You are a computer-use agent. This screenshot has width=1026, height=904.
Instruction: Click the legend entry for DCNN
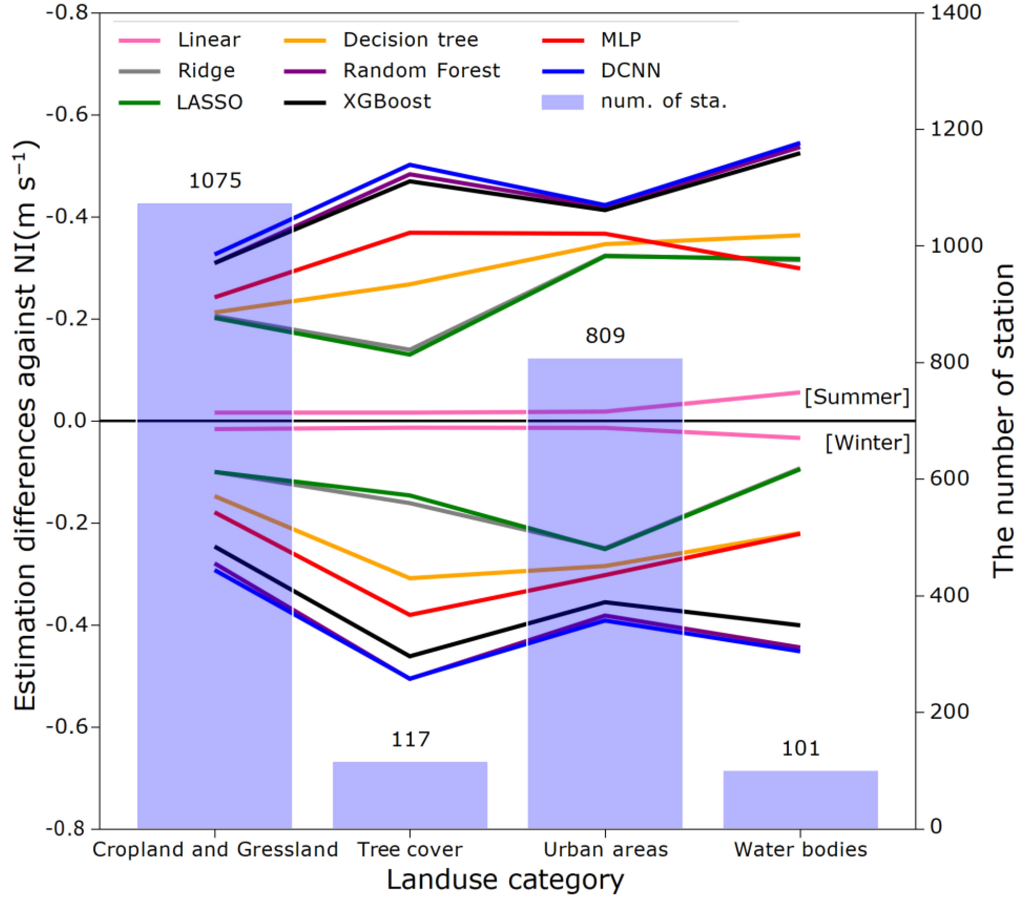coord(630,71)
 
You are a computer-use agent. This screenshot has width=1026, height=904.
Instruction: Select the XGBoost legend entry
coord(387,101)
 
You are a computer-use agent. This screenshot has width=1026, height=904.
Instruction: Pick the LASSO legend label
coord(209,103)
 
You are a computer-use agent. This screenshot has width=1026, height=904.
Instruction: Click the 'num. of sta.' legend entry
coord(664,101)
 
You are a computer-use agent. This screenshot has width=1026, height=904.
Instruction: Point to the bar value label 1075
coord(215,181)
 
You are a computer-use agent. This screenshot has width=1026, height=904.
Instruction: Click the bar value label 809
coord(605,336)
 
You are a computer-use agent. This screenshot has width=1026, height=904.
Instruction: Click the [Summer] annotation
coord(857,397)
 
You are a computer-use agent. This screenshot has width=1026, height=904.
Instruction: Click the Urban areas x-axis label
coord(606,849)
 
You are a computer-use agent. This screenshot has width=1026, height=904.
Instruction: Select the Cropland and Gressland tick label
coord(215,849)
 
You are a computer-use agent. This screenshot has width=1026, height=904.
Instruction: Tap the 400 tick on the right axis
coord(949,595)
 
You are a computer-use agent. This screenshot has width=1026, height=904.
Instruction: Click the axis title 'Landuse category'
coord(505,880)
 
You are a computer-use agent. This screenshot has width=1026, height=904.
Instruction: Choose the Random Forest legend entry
coord(421,71)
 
